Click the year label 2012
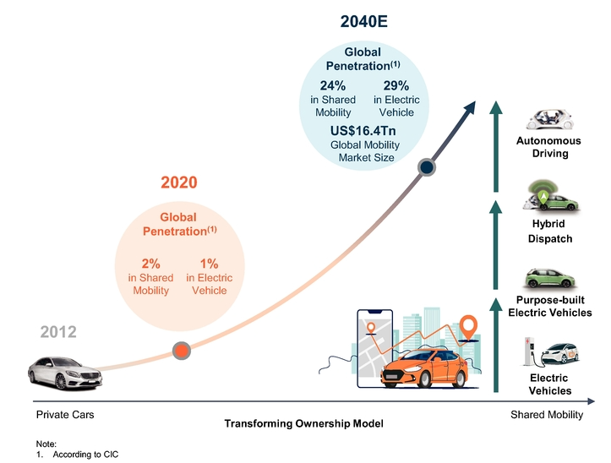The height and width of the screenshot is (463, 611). [x=58, y=333]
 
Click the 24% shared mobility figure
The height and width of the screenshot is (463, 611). [x=332, y=85]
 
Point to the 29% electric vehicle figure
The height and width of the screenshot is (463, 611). [x=396, y=85]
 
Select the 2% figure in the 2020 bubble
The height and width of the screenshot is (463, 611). [x=150, y=264]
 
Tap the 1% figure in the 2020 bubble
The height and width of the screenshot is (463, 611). [x=209, y=264]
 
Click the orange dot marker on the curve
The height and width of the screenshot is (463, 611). [x=181, y=350]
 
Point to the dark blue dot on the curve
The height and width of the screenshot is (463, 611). [x=428, y=167]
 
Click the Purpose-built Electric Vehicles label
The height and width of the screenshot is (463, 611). [x=549, y=306]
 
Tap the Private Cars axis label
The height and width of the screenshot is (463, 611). [x=65, y=415]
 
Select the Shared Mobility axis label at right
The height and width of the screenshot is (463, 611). [x=547, y=415]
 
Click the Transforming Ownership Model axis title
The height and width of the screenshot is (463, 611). [x=303, y=423]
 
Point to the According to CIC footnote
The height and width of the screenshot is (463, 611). [x=85, y=455]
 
